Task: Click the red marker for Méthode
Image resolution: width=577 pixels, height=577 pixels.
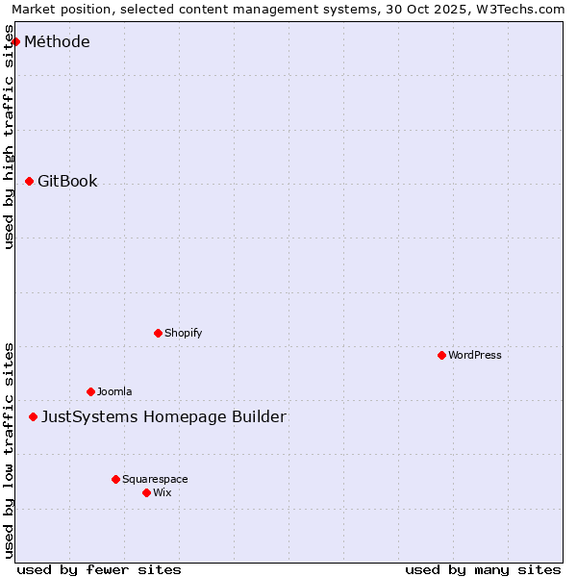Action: point(15,41)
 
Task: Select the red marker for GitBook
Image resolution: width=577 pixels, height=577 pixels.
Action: point(29,181)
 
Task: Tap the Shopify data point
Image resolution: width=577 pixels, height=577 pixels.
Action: point(158,333)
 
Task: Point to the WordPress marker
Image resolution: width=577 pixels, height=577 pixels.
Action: point(441,355)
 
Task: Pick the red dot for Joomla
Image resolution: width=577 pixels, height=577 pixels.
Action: point(90,391)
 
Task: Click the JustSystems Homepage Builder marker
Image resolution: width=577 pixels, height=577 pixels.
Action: point(33,416)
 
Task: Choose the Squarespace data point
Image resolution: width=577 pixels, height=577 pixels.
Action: point(115,479)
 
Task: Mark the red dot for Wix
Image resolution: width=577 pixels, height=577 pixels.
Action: point(146,492)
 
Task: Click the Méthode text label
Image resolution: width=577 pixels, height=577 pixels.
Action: point(57,41)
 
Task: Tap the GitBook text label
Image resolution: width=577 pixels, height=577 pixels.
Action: point(67,181)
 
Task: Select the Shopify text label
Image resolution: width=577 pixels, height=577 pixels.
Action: point(183,333)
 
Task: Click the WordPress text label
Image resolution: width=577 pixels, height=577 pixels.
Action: point(474,355)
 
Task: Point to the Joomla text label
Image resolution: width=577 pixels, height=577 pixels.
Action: point(113,391)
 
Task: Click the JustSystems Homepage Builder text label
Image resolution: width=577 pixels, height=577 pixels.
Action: point(163,416)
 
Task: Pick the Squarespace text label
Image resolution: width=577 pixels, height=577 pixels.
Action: point(155,479)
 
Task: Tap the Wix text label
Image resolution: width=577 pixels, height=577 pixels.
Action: point(162,492)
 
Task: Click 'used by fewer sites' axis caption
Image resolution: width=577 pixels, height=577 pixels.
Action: point(99,569)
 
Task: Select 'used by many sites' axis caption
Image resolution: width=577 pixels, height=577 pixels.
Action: point(483,569)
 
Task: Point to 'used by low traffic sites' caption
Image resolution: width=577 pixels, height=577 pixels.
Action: point(10,450)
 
